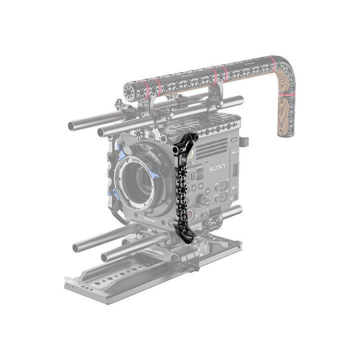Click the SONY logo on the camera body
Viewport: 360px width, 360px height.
pyautogui.click(x=218, y=166)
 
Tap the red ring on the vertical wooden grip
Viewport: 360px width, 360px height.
pyautogui.click(x=286, y=93)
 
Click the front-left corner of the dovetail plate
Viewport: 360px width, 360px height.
pyautogui.click(x=70, y=287)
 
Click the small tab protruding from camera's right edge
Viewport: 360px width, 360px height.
pyautogui.click(x=242, y=141)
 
